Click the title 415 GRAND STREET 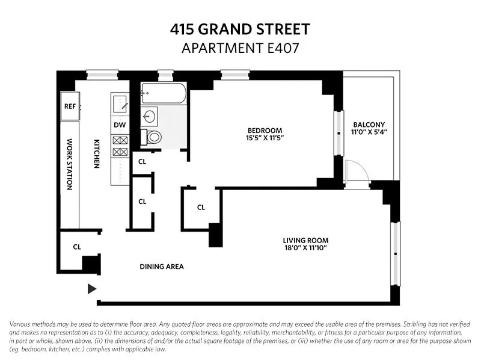click(x=240, y=29)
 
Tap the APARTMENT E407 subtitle click(x=240, y=48)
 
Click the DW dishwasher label click(x=120, y=125)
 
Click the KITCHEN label click(x=96, y=154)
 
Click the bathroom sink click(x=149, y=116)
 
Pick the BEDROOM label click(x=265, y=131)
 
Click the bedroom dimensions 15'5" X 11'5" click(x=265, y=138)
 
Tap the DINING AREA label click(x=162, y=267)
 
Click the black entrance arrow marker click(x=92, y=289)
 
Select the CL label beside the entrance click(x=77, y=247)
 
